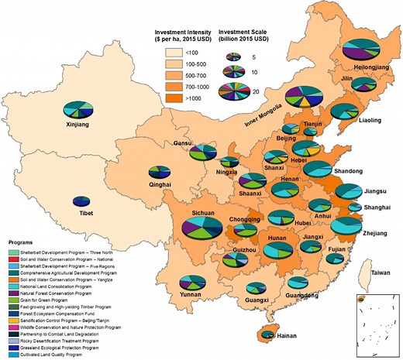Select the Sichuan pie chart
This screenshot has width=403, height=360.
[201, 228]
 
